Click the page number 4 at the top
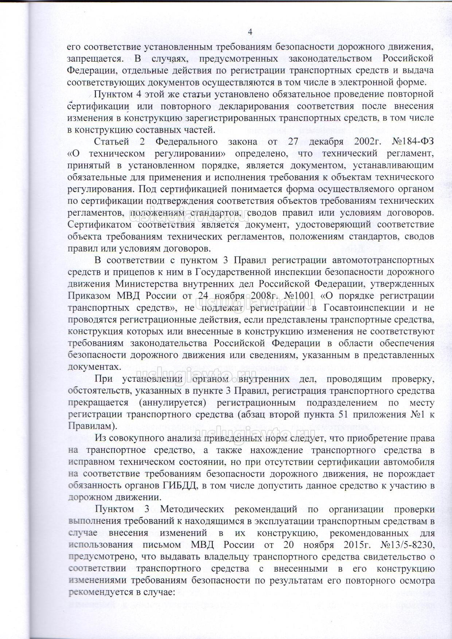250,32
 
